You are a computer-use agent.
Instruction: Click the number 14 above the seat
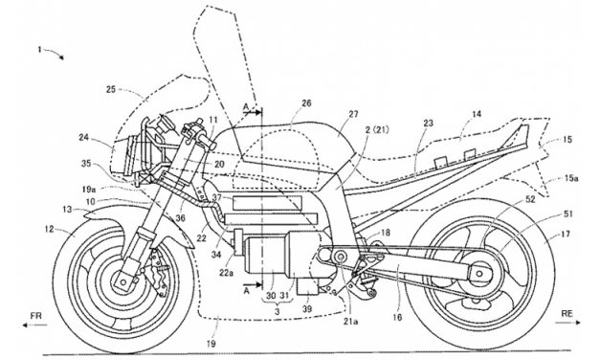[x=478, y=112]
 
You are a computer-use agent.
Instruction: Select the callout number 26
[x=305, y=102]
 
